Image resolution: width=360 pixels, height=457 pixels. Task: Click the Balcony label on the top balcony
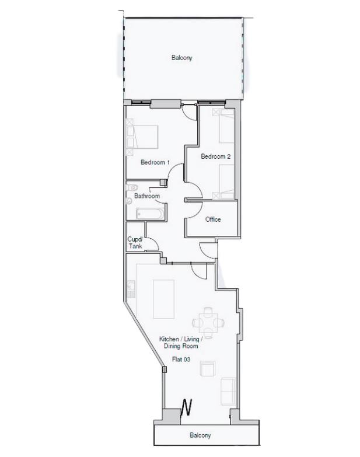click(181, 58)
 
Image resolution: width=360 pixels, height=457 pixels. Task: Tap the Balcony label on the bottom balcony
click(200, 435)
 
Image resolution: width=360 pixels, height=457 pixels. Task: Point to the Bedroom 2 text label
click(216, 156)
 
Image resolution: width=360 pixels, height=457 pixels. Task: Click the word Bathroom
click(146, 196)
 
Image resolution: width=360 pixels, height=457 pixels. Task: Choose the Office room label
click(213, 219)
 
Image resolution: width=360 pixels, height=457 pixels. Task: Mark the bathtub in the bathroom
click(151, 213)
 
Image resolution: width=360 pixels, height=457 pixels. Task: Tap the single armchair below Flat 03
click(207, 369)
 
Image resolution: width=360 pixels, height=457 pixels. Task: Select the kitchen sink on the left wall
click(131, 288)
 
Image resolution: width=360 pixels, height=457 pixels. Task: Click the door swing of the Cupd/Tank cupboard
click(151, 242)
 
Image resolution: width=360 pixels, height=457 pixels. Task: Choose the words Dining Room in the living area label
click(181, 346)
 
